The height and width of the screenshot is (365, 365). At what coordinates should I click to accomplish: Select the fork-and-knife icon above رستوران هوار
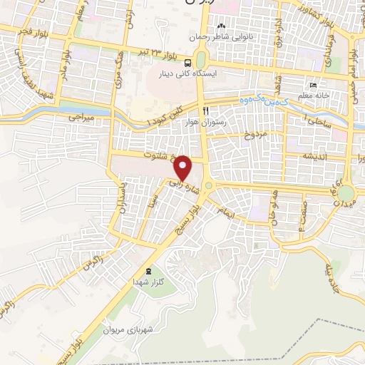[x=205, y=110]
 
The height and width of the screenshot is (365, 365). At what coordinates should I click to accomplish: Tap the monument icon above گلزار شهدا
[x=148, y=272]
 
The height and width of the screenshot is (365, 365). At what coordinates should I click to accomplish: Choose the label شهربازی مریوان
[x=128, y=330]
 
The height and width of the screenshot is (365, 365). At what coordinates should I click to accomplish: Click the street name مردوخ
[x=254, y=134]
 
